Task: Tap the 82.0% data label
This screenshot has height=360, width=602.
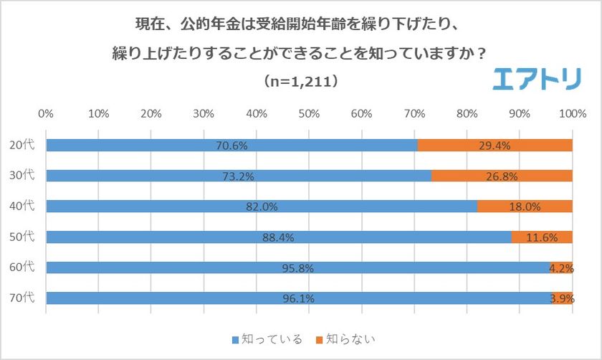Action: (262, 207)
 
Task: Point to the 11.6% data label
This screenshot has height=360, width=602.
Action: (543, 237)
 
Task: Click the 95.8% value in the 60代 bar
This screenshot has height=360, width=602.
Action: (297, 268)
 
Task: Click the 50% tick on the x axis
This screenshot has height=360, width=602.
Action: (309, 113)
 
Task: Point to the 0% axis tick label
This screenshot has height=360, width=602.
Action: (46, 113)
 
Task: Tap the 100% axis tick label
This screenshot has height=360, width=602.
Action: (572, 113)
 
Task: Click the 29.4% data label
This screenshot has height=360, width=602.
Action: (495, 146)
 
